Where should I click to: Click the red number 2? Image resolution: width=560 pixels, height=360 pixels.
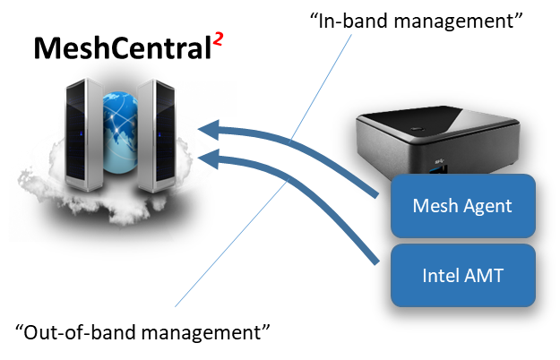point(218,39)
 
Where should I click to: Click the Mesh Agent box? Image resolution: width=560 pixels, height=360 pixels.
point(462,206)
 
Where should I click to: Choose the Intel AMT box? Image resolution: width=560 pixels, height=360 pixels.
point(462,275)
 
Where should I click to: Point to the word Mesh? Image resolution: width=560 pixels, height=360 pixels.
point(434,206)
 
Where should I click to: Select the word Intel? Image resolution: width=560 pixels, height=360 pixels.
point(440,275)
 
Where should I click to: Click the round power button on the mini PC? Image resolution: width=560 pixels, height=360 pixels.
point(417,132)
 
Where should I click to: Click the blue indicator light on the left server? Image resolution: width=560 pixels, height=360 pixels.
point(82,135)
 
